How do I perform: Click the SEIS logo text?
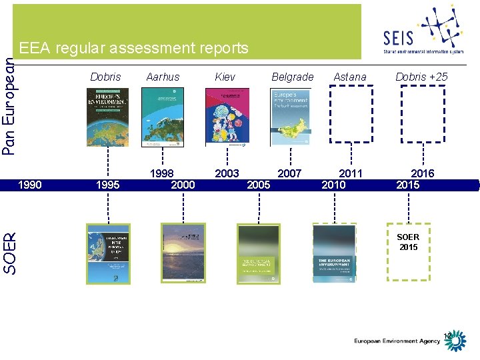(399, 37)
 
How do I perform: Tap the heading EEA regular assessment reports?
(134, 48)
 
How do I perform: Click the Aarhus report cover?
(163, 117)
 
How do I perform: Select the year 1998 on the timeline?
(162, 173)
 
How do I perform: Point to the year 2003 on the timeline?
(227, 173)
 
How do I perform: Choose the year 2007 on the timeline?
(289, 173)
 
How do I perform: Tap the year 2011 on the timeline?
(351, 173)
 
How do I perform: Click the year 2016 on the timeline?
(422, 173)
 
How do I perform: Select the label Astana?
(350, 77)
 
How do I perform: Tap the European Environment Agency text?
(397, 341)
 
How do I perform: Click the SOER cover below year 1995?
(108, 254)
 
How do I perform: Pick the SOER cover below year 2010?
(335, 253)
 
